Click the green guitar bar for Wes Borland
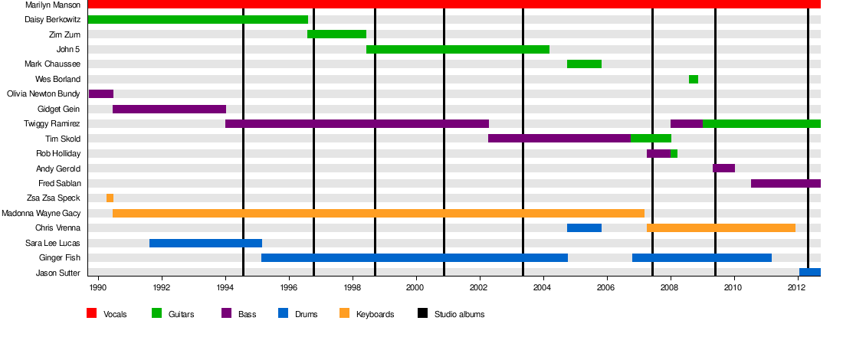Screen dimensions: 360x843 (693, 79)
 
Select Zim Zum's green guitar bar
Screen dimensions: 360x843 (336, 34)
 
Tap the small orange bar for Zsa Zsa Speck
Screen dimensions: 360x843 (110, 198)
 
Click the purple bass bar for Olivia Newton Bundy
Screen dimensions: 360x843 (101, 94)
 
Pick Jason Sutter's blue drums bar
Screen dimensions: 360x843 (809, 272)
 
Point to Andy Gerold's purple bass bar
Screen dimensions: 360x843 (723, 169)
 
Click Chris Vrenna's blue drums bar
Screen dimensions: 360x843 (584, 227)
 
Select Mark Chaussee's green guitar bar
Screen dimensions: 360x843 (584, 64)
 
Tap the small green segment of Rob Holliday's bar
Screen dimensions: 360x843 (674, 153)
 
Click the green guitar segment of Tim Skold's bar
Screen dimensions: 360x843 (651, 139)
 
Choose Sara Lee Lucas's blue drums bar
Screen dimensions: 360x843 (205, 243)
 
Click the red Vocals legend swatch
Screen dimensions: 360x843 (91, 313)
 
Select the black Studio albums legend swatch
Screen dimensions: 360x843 (422, 313)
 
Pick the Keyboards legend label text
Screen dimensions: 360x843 (376, 314)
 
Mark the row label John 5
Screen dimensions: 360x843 (68, 50)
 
